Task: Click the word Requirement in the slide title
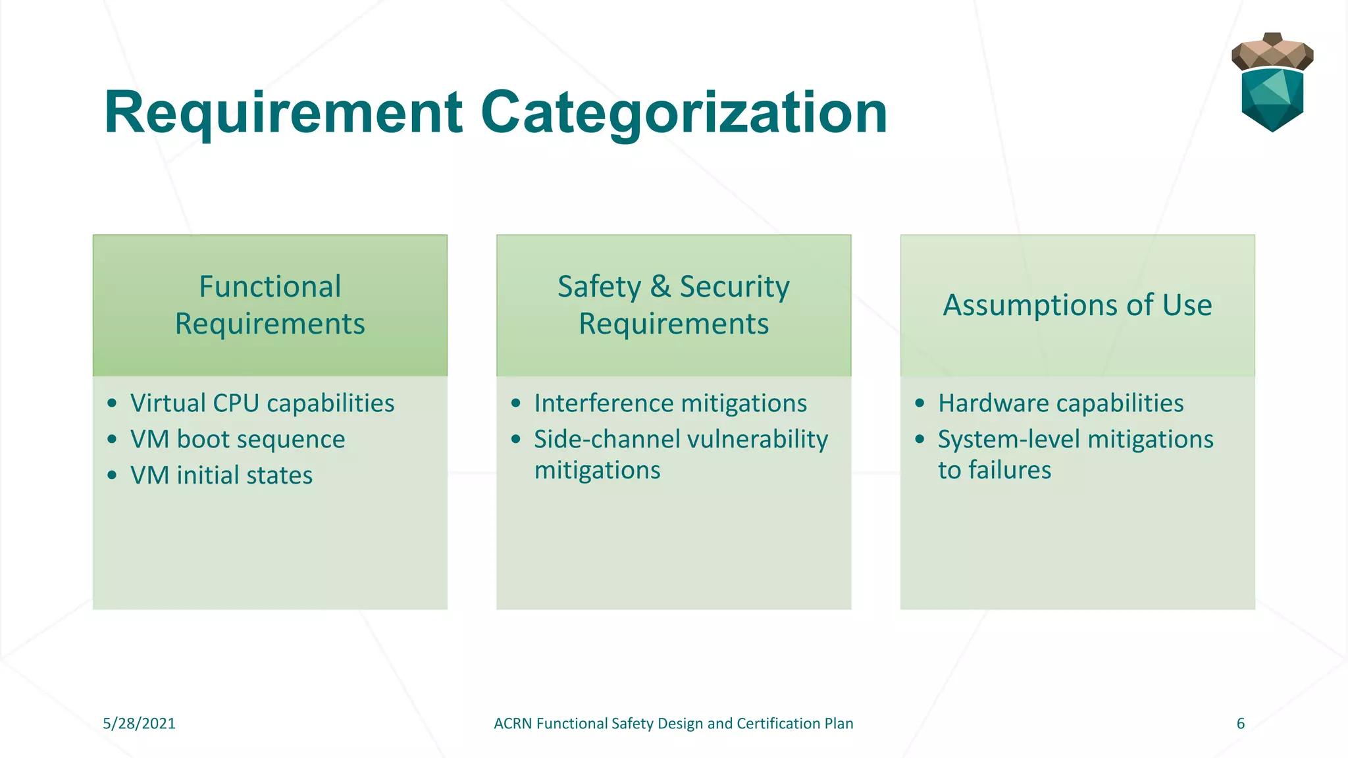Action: pyautogui.click(x=283, y=113)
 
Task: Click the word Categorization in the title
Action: pyautogui.click(x=685, y=113)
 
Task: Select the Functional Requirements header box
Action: pyautogui.click(x=270, y=305)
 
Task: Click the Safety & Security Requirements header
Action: pyautogui.click(x=673, y=305)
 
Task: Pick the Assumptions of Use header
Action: pyautogui.click(x=1077, y=305)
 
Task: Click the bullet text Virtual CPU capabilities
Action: pyautogui.click(x=262, y=403)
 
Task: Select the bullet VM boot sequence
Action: pyautogui.click(x=238, y=440)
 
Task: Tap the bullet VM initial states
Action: pyautogui.click(x=221, y=476)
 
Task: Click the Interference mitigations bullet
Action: pyautogui.click(x=670, y=403)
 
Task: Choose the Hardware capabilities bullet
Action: pyautogui.click(x=1060, y=403)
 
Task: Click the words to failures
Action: pyautogui.click(x=994, y=470)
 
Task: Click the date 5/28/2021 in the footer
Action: pyautogui.click(x=139, y=724)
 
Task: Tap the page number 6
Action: pyautogui.click(x=1241, y=724)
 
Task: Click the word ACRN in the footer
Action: pyautogui.click(x=513, y=724)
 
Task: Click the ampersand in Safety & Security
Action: pyautogui.click(x=660, y=287)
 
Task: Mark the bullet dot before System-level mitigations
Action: pyautogui.click(x=920, y=439)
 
